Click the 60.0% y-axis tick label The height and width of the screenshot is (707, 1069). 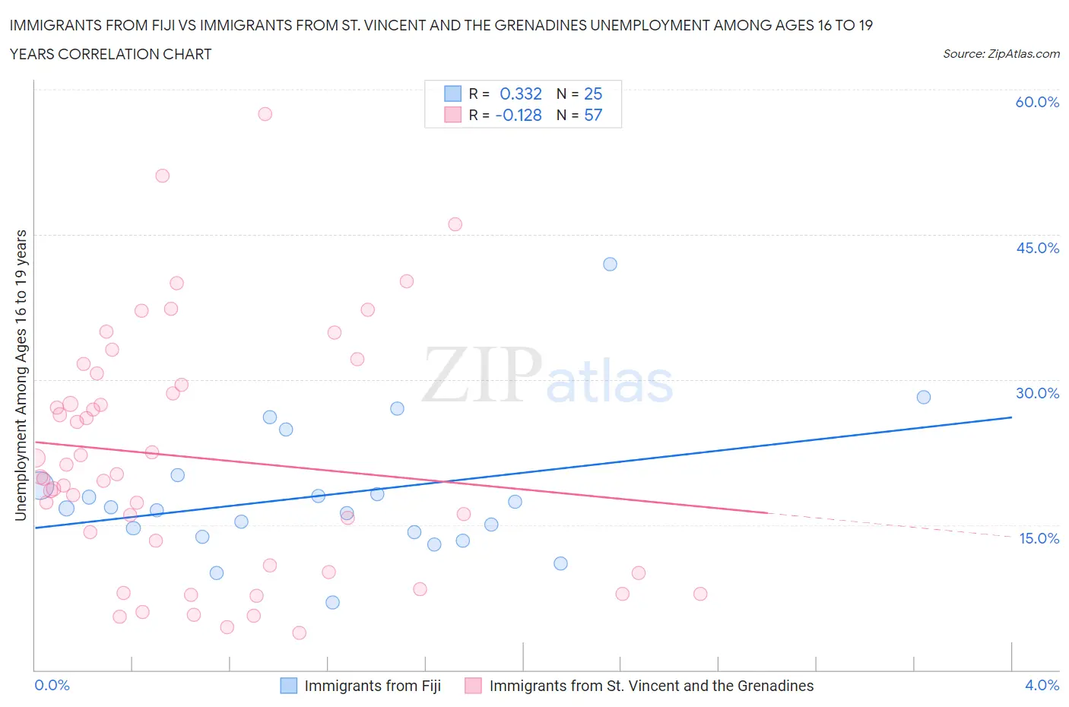click(x=1037, y=102)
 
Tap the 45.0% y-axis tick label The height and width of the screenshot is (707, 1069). click(x=1037, y=248)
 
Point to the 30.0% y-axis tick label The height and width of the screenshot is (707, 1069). click(x=1037, y=393)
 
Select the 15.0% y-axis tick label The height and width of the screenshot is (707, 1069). click(x=1039, y=538)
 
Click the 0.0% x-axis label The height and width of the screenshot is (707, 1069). click(x=52, y=685)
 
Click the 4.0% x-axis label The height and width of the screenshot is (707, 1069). click(x=1042, y=685)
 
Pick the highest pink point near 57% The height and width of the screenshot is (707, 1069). click(x=265, y=114)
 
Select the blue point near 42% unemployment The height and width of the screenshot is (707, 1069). click(x=610, y=265)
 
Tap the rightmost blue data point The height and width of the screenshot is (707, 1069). click(x=924, y=397)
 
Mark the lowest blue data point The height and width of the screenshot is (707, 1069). click(x=332, y=603)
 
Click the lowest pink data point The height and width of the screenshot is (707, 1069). click(x=299, y=633)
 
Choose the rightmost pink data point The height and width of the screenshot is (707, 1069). click(x=700, y=594)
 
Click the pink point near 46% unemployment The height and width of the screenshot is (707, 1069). click(x=455, y=224)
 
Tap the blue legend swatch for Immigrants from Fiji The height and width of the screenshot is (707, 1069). click(x=289, y=686)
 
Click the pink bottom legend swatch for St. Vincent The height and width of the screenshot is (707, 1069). click(x=474, y=686)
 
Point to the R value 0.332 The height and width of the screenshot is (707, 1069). click(x=520, y=94)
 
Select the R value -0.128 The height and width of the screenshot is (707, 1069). click(x=519, y=115)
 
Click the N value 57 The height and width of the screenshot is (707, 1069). click(x=593, y=115)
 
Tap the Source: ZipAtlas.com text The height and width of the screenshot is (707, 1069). click(x=1001, y=54)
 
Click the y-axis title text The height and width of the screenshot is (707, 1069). click(x=21, y=375)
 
